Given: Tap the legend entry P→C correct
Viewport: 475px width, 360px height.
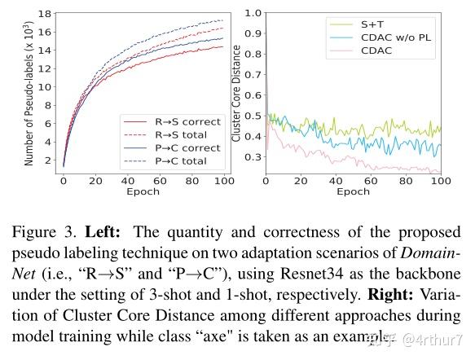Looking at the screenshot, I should [x=187, y=148].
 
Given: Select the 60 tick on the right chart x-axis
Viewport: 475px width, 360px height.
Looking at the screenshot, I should [x=370, y=182].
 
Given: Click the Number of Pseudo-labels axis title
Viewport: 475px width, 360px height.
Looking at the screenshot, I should [x=29, y=93].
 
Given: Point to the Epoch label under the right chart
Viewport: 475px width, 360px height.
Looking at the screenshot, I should [x=353, y=193].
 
